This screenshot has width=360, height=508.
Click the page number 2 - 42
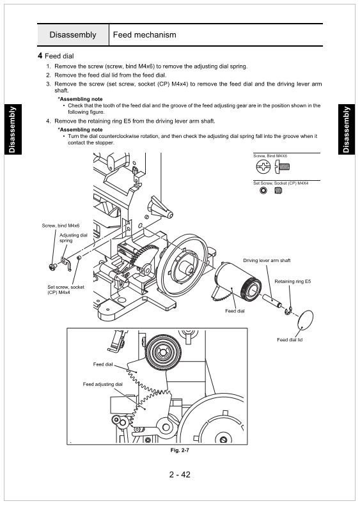(x=180, y=475)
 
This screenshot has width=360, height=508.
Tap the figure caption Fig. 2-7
(x=180, y=450)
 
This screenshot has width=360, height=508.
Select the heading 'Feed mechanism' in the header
(x=145, y=35)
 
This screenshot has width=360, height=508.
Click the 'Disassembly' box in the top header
(x=73, y=35)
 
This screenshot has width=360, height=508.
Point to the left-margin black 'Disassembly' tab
(x=13, y=129)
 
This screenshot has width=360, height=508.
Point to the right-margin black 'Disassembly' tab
(x=347, y=129)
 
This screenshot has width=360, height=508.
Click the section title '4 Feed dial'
(x=56, y=56)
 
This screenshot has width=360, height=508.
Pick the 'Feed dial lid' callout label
(x=290, y=340)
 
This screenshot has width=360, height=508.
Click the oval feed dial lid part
(x=305, y=319)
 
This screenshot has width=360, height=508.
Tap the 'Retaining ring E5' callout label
(x=293, y=281)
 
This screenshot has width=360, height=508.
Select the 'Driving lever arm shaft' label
(x=267, y=261)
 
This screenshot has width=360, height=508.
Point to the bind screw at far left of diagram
(x=52, y=266)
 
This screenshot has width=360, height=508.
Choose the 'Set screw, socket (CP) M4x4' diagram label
(x=65, y=289)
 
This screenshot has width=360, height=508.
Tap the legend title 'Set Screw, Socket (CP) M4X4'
(x=281, y=183)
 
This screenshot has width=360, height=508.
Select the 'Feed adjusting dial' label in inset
(x=102, y=384)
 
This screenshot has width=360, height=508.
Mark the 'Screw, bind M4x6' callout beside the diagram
(x=61, y=226)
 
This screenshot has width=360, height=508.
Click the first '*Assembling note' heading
(x=80, y=99)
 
